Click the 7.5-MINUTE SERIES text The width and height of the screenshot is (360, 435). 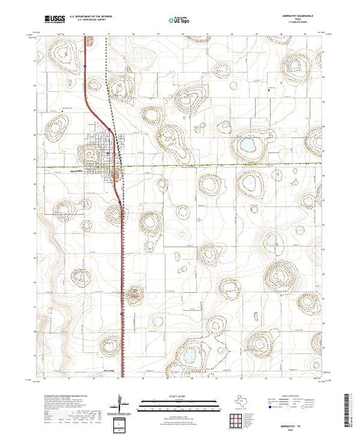301,26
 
